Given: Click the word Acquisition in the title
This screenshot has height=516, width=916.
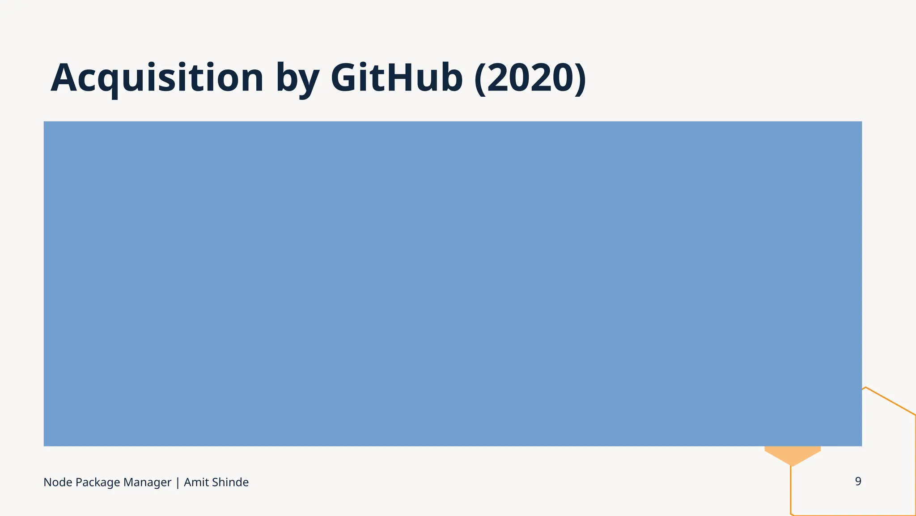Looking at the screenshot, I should click(x=157, y=78).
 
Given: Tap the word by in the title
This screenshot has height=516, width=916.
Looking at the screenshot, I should click(x=297, y=80).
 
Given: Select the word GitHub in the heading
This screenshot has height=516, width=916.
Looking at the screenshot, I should click(x=396, y=78).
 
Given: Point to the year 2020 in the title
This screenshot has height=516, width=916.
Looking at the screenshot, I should click(x=530, y=78).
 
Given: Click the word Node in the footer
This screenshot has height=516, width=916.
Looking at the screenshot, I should click(x=58, y=482).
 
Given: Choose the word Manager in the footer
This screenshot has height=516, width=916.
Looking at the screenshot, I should click(x=147, y=483).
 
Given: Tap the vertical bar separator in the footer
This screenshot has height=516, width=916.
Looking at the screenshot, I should click(x=178, y=483).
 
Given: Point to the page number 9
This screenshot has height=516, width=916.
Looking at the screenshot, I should click(x=858, y=482).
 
